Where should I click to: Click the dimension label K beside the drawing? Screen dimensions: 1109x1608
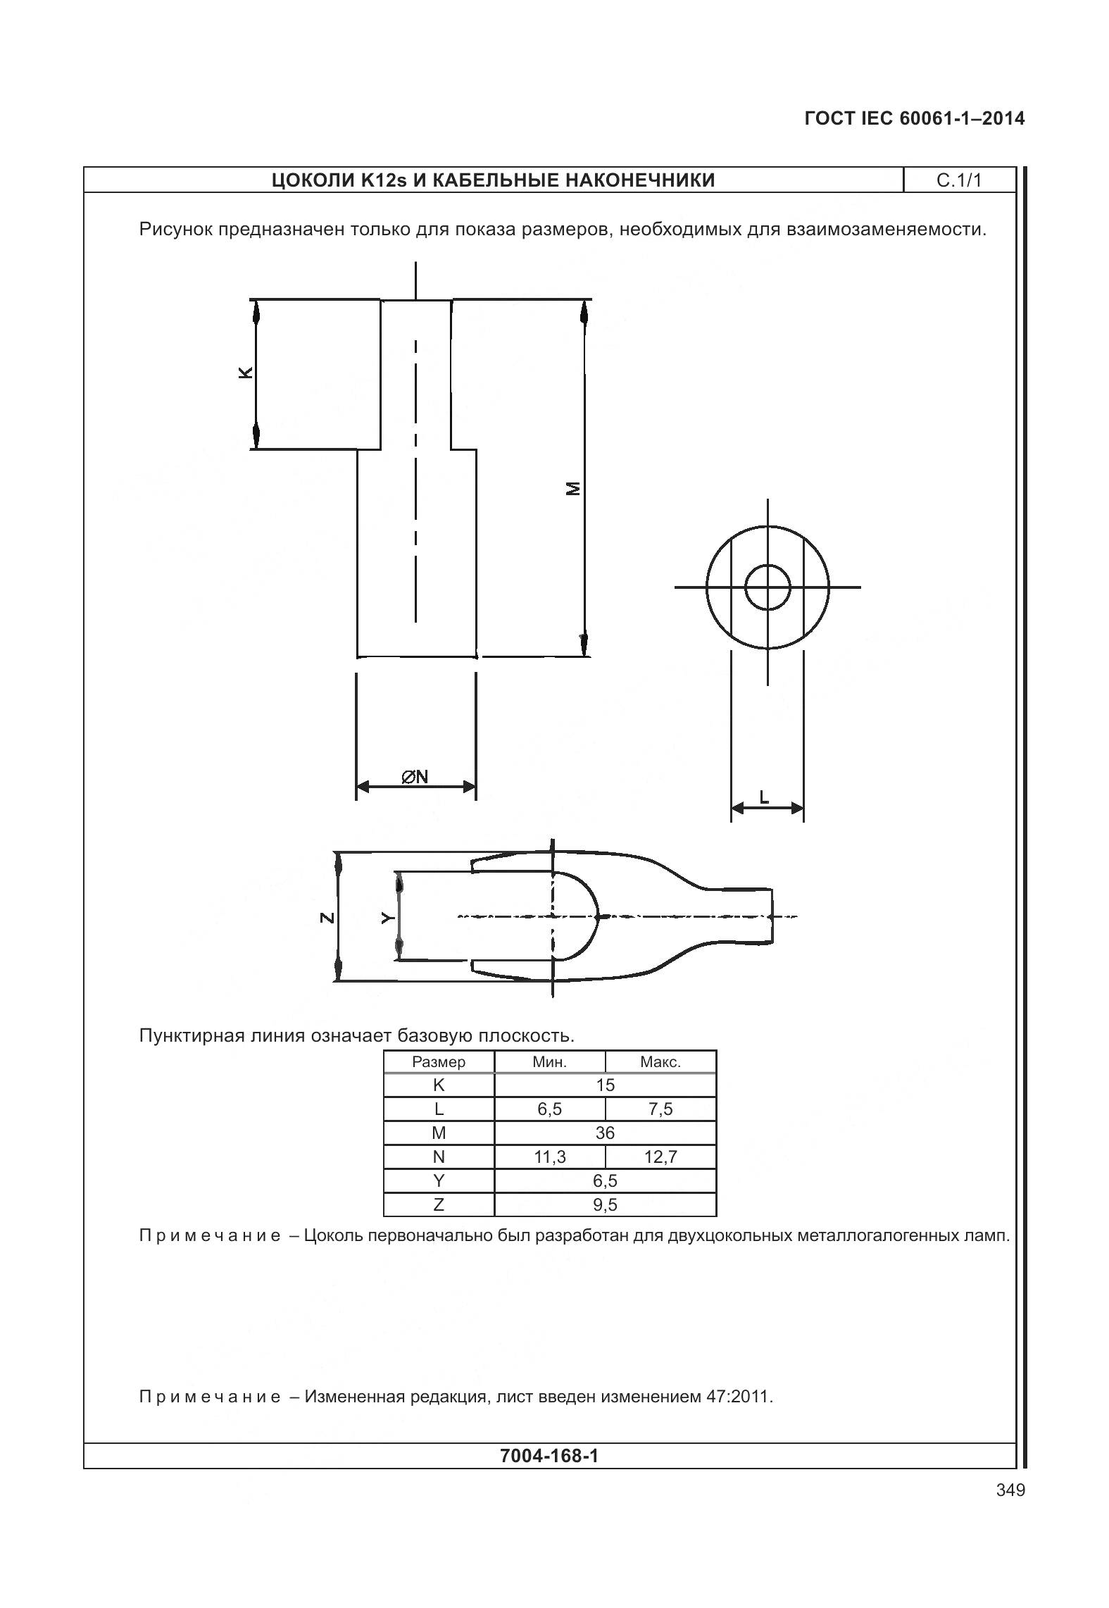(x=245, y=373)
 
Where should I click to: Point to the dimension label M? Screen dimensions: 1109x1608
(x=575, y=488)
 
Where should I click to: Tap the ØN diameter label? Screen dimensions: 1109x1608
(x=415, y=777)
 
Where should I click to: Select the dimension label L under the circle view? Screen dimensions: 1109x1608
(x=764, y=797)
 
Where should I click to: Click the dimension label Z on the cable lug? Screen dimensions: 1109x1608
(x=326, y=917)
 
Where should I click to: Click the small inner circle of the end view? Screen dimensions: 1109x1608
(x=767, y=587)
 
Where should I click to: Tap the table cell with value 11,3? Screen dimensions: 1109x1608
(x=550, y=1157)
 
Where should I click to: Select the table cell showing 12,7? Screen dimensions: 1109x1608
(x=660, y=1157)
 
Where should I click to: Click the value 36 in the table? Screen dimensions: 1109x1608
(x=605, y=1133)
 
